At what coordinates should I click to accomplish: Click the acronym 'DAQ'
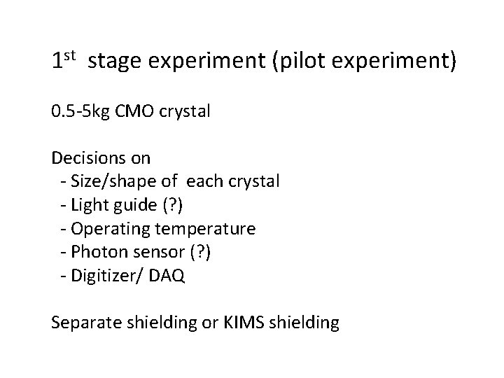169,276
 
